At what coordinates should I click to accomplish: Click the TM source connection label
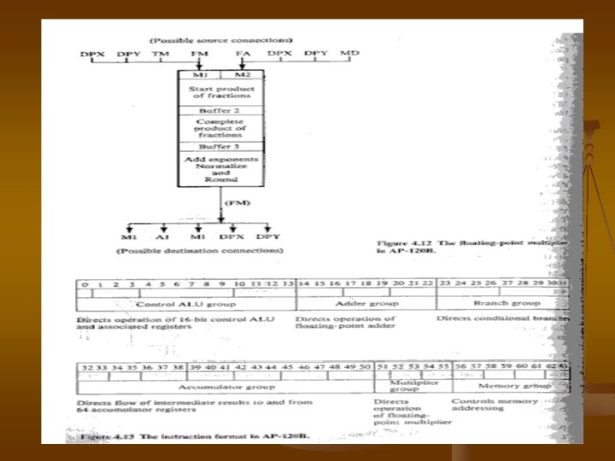[160, 54]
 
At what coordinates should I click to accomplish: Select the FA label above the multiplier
[242, 54]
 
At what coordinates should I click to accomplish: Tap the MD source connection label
[349, 53]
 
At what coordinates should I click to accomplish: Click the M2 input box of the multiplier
[242, 75]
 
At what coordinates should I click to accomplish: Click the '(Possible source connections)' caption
[221, 39]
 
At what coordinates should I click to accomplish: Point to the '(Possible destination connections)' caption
[199, 251]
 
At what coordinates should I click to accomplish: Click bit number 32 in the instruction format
[85, 366]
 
